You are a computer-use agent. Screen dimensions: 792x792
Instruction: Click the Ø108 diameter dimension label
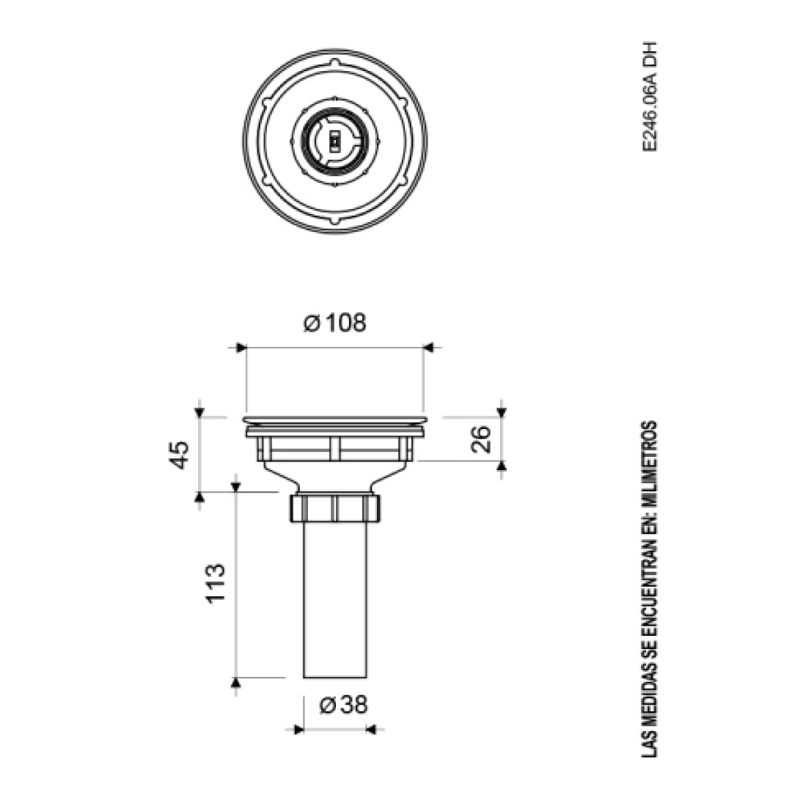pyautogui.click(x=335, y=323)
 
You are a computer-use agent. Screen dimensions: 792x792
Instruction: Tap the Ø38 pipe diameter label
pyautogui.click(x=343, y=705)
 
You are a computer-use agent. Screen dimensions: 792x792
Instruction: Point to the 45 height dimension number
pyautogui.click(x=180, y=455)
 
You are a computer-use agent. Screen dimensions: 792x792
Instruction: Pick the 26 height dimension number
pyautogui.click(x=480, y=439)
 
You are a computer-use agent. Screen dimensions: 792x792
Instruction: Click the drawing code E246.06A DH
pyautogui.click(x=650, y=97)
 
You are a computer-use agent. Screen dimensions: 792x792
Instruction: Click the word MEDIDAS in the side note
pyautogui.click(x=650, y=697)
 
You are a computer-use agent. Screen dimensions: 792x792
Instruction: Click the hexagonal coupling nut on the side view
pyautogui.click(x=335, y=508)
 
